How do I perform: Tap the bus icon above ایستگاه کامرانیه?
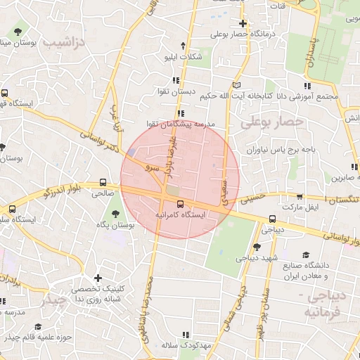[181, 204]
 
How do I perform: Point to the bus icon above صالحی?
[104, 181]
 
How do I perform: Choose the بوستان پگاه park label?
[115, 225]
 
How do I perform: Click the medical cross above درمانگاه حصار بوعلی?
[243, 23]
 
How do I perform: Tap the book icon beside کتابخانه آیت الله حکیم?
[236, 84]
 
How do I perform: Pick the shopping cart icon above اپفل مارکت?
[300, 198]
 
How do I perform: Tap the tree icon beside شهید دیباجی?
[256, 247]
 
